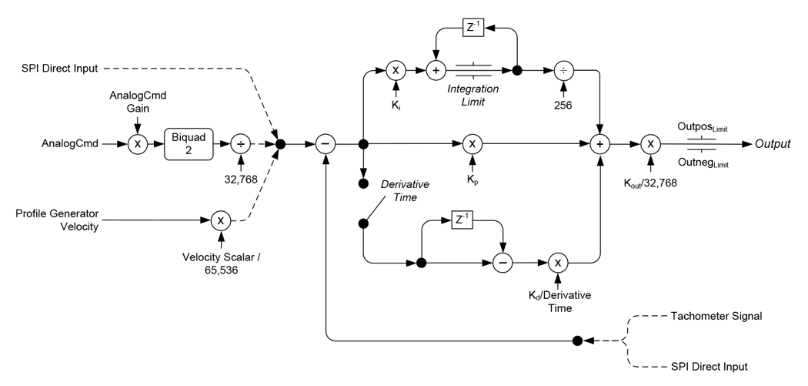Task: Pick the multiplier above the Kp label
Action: point(472,144)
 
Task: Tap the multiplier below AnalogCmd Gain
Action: point(137,144)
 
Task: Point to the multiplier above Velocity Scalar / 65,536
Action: point(222,221)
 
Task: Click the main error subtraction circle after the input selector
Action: point(326,144)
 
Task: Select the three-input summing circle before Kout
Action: point(599,144)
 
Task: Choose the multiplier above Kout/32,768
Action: point(650,144)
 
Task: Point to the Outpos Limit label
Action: point(703,124)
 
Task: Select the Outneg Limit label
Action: point(703,164)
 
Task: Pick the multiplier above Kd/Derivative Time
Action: point(559,263)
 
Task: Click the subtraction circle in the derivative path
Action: point(502,263)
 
